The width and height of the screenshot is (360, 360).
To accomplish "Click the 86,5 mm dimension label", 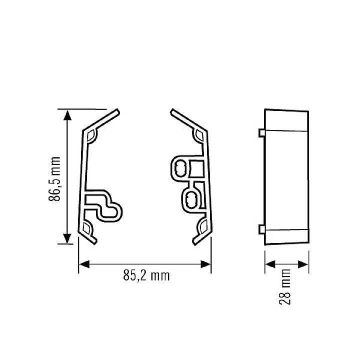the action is [54, 179].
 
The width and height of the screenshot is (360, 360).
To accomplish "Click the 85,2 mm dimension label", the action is [146, 275].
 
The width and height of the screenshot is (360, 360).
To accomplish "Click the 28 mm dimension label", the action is [285, 287].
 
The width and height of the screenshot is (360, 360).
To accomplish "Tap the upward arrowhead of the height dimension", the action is [67, 115].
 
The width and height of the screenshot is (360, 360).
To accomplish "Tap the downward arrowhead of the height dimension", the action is [67, 238].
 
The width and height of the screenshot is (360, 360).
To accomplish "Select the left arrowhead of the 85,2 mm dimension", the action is [84, 264].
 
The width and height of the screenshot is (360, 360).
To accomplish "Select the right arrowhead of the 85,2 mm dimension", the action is [205, 264].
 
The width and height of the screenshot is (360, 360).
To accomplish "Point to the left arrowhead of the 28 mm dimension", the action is [270, 264].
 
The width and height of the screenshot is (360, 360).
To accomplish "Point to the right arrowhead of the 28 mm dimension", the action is [303, 264].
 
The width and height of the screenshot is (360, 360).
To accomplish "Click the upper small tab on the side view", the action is [261, 133].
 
